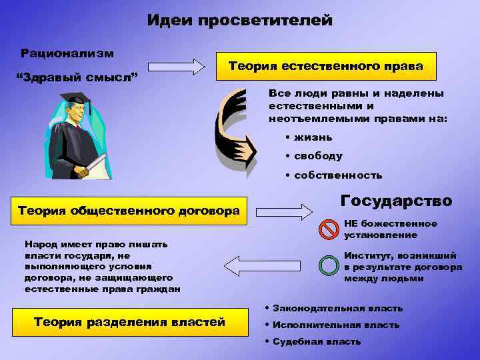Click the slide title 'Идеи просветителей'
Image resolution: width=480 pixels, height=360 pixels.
coord(239,21)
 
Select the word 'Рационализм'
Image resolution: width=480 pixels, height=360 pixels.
coord(67,52)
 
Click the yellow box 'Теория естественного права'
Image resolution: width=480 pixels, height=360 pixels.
coord(325,66)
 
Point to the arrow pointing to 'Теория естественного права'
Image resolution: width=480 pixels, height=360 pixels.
coord(176,67)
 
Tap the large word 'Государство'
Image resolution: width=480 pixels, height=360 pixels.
coord(396,201)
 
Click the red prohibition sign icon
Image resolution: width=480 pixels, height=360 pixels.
coord(329,229)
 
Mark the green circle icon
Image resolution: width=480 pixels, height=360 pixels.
coord(329,265)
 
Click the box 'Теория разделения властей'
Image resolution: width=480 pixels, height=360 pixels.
coord(129,323)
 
